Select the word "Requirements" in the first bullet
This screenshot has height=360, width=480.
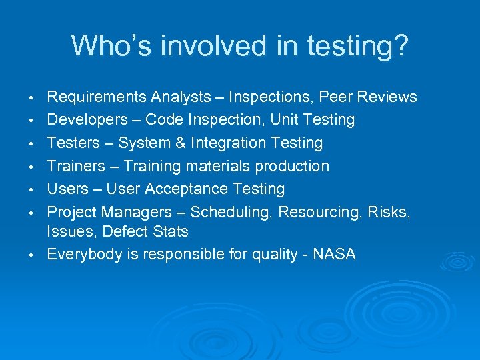[97, 97]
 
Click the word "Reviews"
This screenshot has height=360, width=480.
[387, 97]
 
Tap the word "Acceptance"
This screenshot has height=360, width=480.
[185, 189]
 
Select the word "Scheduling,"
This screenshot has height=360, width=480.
[231, 212]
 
